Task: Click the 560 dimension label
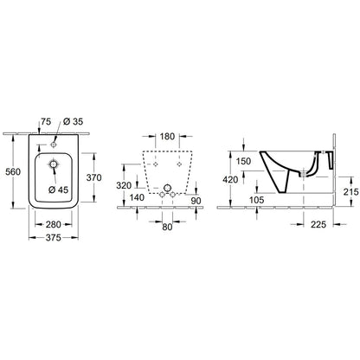(13, 171)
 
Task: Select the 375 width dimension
(54, 237)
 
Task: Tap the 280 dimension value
(54, 224)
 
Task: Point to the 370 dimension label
(94, 177)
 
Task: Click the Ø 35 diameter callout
(73, 121)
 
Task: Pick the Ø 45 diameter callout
(59, 190)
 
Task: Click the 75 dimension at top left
(46, 121)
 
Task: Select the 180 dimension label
(167, 136)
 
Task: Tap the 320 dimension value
(124, 185)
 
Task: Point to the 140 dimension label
(137, 197)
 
